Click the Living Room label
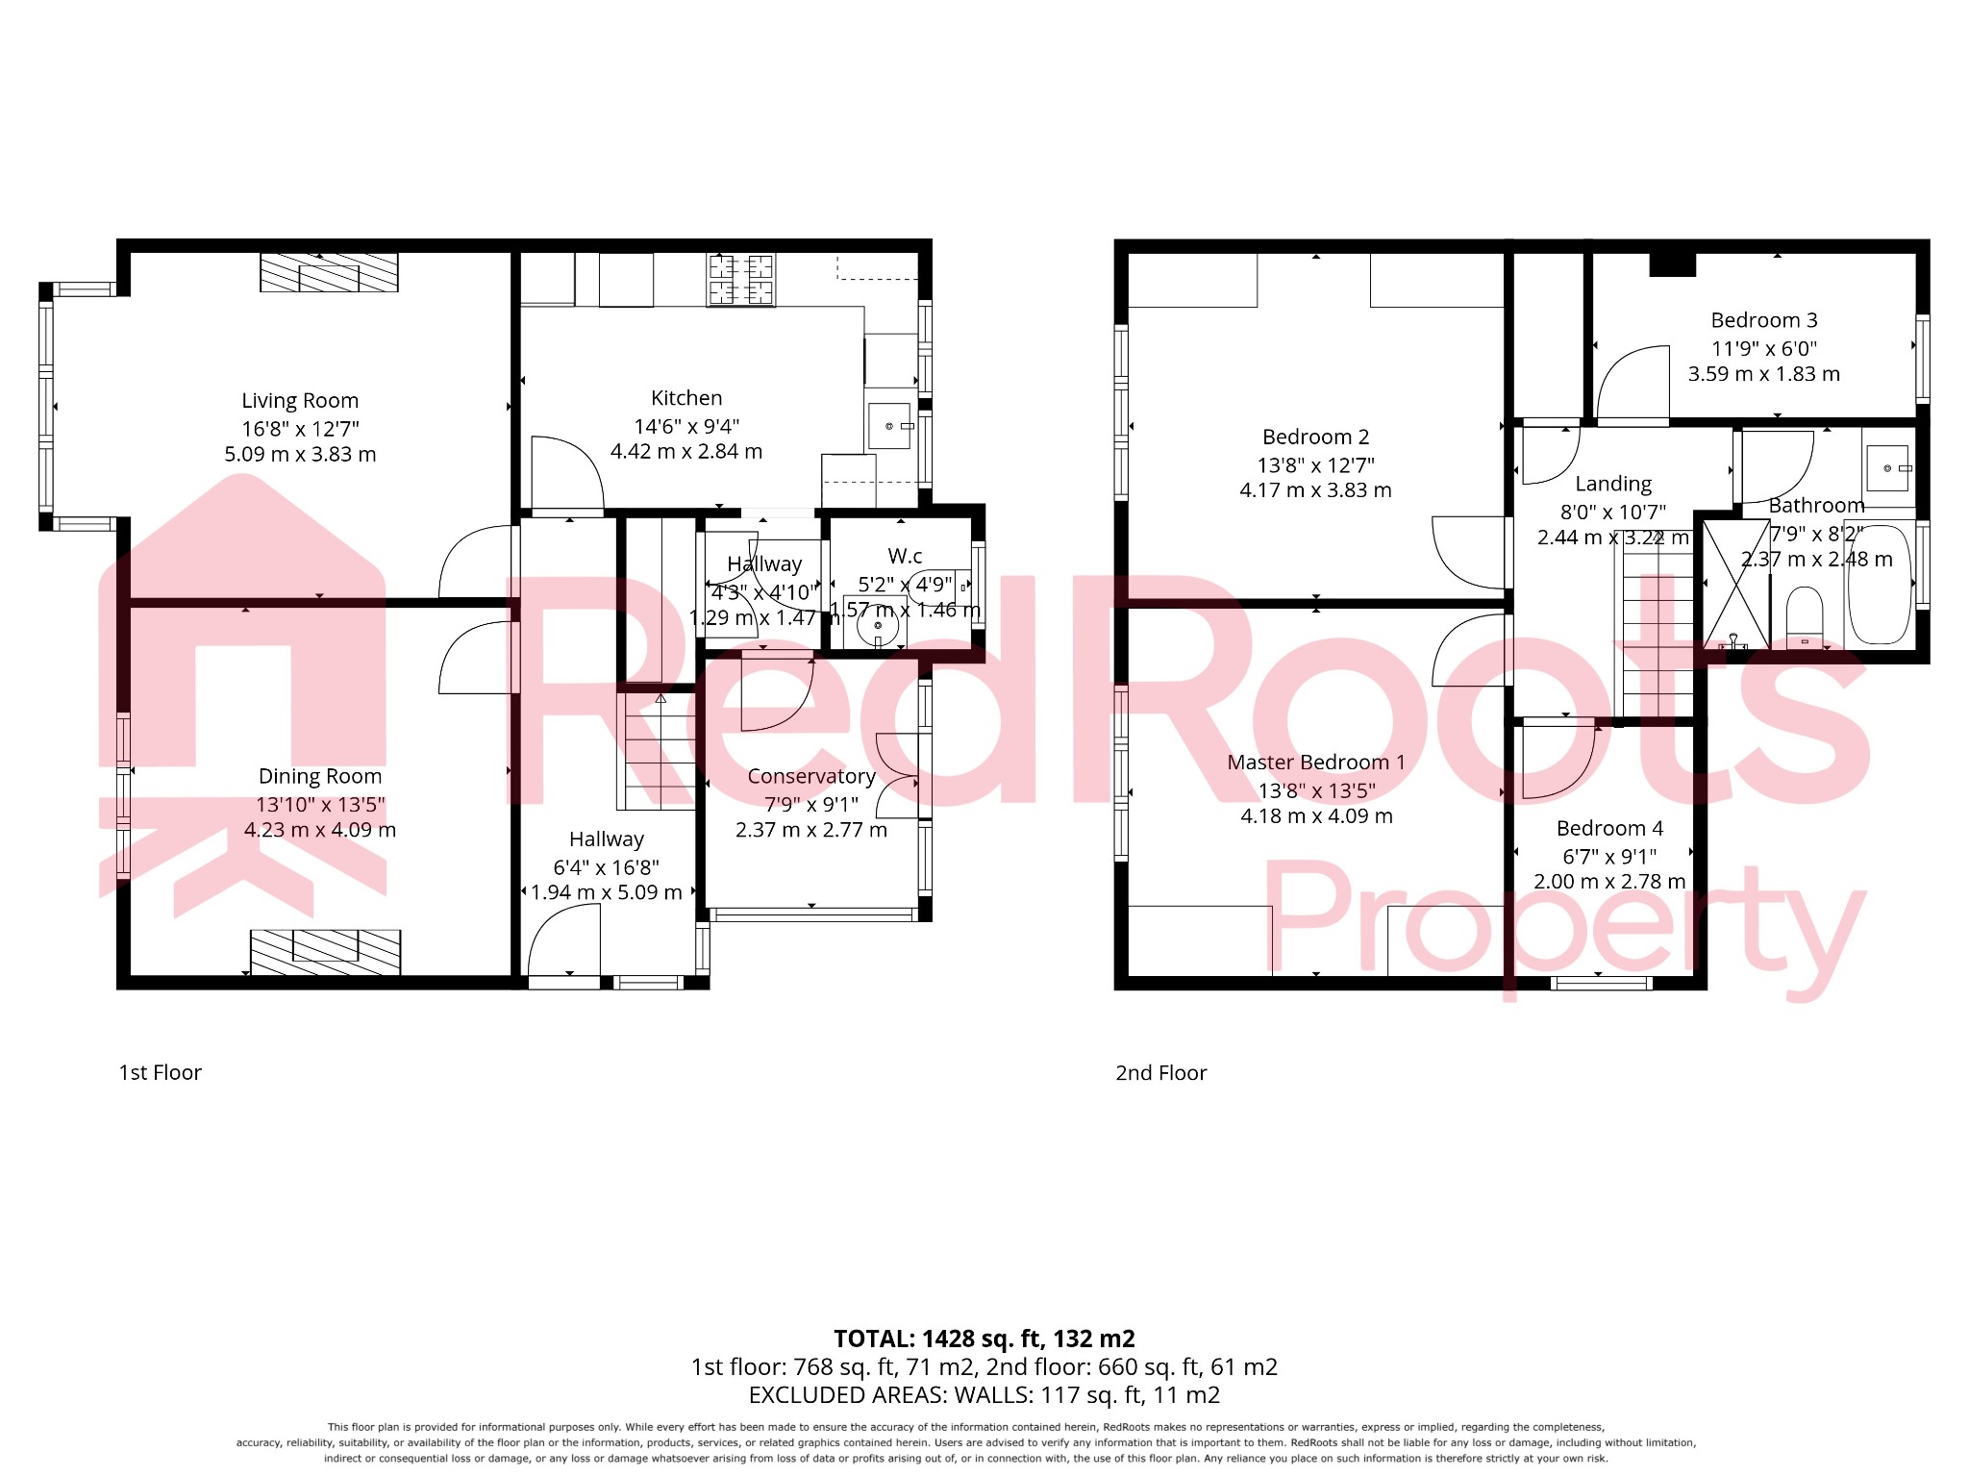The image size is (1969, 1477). [300, 401]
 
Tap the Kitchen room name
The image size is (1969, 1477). [685, 398]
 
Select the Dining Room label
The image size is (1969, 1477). [320, 776]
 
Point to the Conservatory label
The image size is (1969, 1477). [811, 776]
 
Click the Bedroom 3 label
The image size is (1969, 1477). [1763, 320]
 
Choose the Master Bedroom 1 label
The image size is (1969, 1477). [1315, 763]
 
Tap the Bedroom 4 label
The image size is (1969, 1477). [1609, 828]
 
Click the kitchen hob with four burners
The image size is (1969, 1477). [741, 280]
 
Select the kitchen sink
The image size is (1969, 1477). [889, 426]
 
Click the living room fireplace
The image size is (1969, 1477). [329, 272]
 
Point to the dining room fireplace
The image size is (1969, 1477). [325, 951]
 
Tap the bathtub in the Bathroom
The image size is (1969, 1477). [1879, 585]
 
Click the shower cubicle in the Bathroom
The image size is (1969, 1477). [1735, 584]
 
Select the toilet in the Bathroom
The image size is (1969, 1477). [1805, 618]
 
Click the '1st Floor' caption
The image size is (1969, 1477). [160, 1072]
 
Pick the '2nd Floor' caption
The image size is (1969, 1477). [1160, 1072]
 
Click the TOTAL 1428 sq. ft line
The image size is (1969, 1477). [984, 1339]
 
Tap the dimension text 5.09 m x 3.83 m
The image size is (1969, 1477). [300, 454]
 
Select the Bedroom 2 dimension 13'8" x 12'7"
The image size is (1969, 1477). [1315, 465]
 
